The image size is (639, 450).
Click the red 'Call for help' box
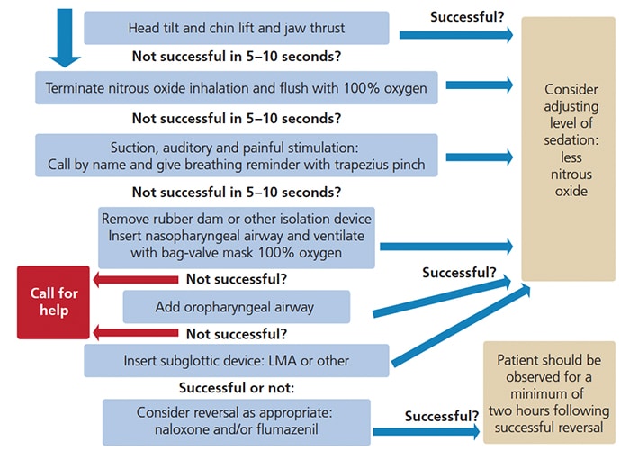pos(53,302)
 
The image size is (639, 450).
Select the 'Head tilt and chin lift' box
pos(237,28)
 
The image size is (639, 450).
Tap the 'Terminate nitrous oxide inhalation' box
pos(237,87)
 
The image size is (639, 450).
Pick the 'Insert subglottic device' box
pos(237,361)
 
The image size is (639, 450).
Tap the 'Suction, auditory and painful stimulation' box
pos(237,156)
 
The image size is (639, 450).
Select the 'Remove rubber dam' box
pos(237,236)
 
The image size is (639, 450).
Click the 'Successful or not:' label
pos(236,388)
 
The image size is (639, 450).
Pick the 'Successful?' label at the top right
pos(466,16)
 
